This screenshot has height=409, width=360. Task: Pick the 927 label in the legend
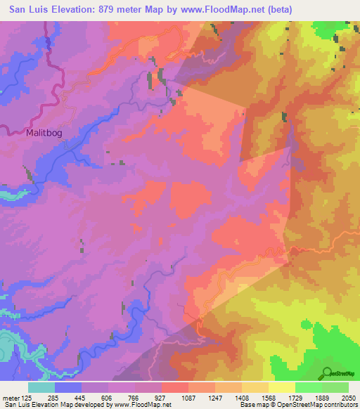(161, 398)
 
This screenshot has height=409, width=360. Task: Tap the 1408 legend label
(241, 398)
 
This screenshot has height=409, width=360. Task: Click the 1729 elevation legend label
(295, 398)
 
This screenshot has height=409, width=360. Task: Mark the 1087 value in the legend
(188, 398)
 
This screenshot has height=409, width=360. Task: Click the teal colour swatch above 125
(41, 387)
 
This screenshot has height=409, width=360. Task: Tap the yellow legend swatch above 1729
(281, 387)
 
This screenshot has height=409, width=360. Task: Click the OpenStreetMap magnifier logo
(326, 372)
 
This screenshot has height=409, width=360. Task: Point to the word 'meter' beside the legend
(10, 398)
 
